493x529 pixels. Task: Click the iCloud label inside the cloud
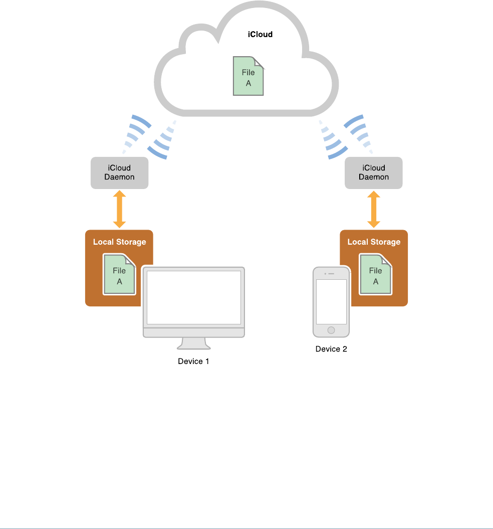260,35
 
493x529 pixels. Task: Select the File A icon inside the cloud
249,77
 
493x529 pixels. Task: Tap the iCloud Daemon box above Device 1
119,173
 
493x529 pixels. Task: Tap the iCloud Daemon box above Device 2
374,173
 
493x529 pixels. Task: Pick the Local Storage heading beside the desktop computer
119,242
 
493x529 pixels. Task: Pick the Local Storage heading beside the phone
374,242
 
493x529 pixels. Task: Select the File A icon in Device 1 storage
120,275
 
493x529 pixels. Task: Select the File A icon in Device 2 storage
376,275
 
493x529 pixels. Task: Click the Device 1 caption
193,361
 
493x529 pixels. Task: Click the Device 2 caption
331,349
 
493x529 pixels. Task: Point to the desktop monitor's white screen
193,298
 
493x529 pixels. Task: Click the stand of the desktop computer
193,343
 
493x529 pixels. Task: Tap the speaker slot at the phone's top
332,273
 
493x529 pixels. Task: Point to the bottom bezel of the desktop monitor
193,332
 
